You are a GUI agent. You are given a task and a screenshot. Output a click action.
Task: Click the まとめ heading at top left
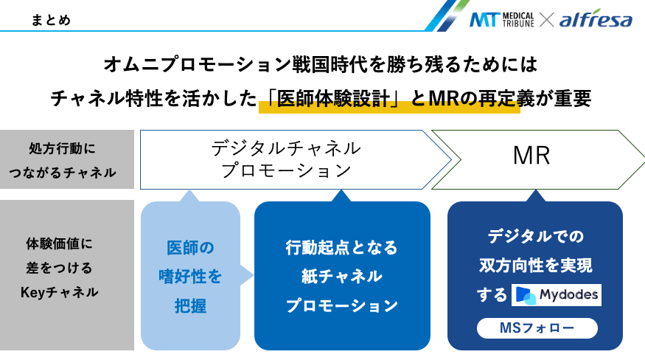tap(52, 20)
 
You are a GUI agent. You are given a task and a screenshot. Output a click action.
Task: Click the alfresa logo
tap(595, 20)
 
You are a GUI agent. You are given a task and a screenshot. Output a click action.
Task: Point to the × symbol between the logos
tap(546, 20)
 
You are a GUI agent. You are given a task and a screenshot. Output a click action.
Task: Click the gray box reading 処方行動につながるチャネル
tap(67, 160)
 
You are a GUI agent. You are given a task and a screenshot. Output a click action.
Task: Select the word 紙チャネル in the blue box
tap(341, 276)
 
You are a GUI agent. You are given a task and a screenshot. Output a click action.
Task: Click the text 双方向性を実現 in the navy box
tap(535, 265)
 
